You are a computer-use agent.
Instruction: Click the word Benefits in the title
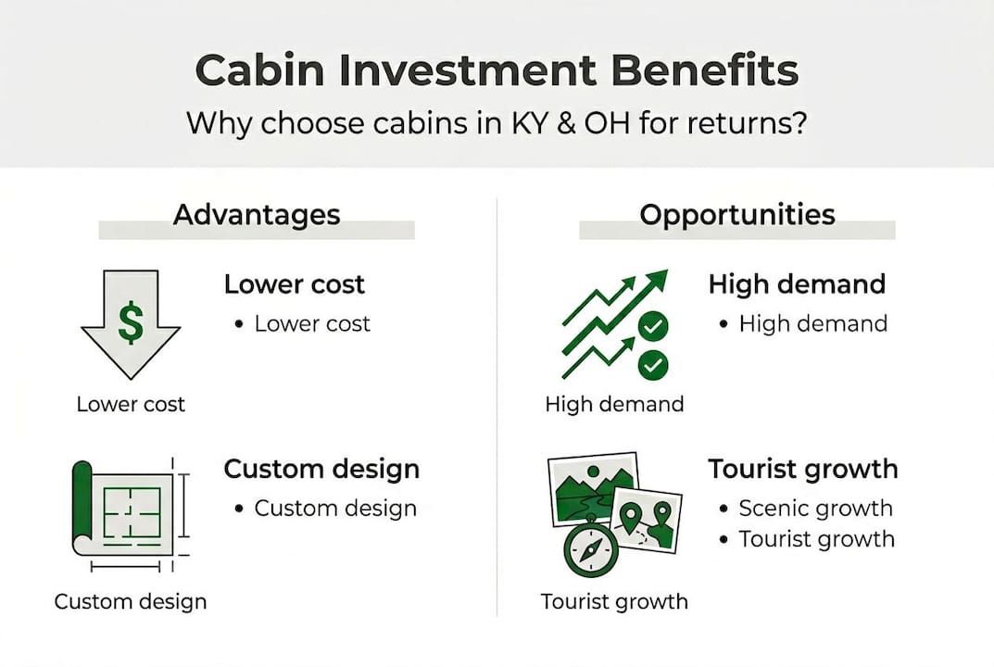click(x=704, y=69)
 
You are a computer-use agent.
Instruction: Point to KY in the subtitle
click(x=529, y=123)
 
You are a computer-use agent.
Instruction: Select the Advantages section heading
click(x=257, y=216)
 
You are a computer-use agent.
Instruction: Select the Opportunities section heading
click(x=737, y=216)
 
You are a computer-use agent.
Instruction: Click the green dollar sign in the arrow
click(x=132, y=322)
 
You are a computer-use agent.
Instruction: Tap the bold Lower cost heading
click(x=295, y=284)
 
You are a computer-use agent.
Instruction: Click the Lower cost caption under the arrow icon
click(x=131, y=404)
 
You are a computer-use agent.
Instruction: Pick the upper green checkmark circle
click(x=652, y=326)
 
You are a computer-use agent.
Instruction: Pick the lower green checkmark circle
click(x=652, y=365)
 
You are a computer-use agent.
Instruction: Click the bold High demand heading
click(x=797, y=284)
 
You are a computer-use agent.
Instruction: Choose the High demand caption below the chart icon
click(x=614, y=404)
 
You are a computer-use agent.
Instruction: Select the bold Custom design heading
click(x=321, y=469)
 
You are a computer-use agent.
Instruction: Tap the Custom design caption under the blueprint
click(x=131, y=601)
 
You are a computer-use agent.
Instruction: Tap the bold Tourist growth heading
click(x=803, y=469)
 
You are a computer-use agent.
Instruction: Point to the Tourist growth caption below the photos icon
click(x=614, y=601)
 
